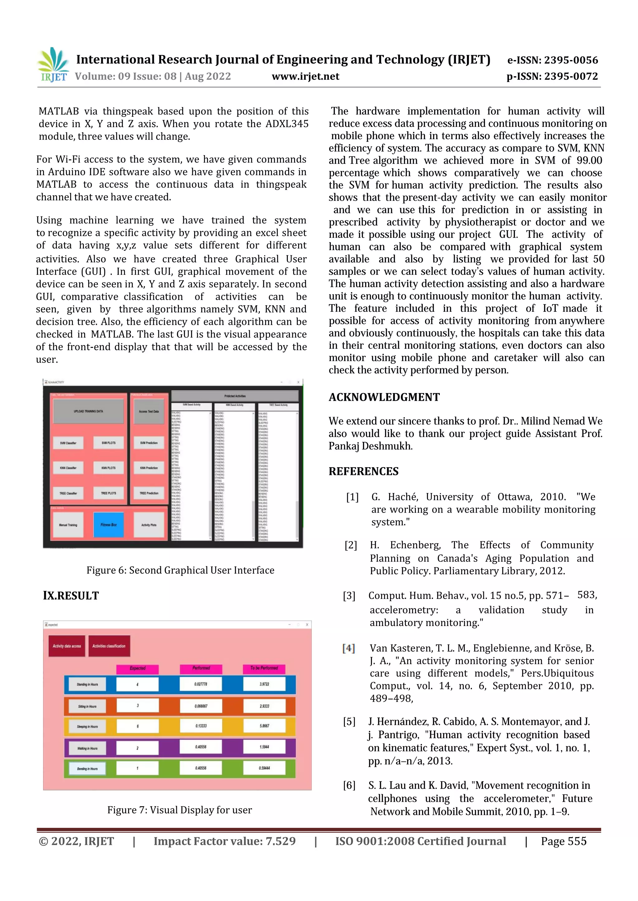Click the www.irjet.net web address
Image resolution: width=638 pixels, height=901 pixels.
click(305, 76)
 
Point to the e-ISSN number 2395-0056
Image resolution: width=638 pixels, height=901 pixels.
click(552, 60)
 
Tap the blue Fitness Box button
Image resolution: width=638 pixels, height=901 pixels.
click(108, 525)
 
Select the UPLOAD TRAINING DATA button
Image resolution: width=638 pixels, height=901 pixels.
click(88, 411)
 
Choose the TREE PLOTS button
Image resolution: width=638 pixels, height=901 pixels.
click(108, 493)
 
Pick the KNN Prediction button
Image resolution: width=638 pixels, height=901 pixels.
click(149, 468)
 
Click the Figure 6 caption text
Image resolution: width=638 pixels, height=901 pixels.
click(180, 570)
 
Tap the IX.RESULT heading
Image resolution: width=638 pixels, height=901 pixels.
click(71, 596)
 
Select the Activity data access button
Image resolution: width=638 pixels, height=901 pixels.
click(67, 646)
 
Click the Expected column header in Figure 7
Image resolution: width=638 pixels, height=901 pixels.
click(137, 668)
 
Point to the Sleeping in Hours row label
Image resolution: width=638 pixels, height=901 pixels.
click(87, 727)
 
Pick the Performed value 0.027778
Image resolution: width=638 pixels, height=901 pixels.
click(201, 684)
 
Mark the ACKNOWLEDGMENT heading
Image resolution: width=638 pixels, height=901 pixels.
click(384, 397)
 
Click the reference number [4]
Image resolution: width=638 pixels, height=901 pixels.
click(349, 648)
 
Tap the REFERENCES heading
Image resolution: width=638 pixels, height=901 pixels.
click(364, 471)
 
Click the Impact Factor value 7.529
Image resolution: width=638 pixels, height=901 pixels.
click(224, 841)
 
